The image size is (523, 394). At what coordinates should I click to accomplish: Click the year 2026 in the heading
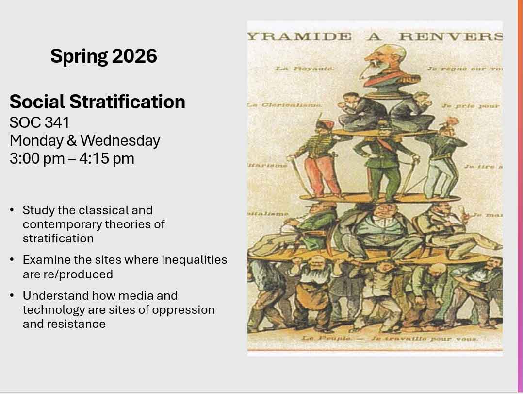[135, 56]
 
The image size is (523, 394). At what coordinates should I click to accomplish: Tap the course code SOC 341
[39, 121]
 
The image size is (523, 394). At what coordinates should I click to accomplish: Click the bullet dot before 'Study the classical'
[12, 210]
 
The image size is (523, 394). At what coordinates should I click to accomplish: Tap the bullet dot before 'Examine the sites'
[12, 260]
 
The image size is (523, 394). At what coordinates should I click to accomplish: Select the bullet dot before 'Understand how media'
[12, 296]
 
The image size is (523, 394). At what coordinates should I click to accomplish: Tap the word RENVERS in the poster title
[450, 37]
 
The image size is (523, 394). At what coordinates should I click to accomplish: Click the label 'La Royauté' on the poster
[305, 69]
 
